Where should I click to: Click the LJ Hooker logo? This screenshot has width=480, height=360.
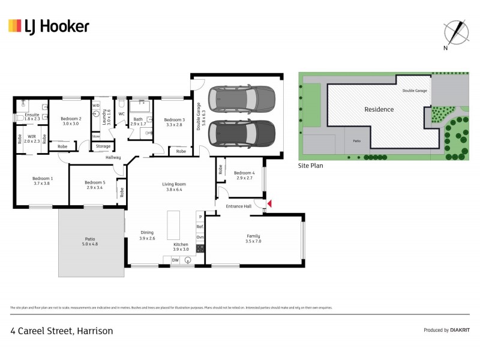click(x=49, y=26)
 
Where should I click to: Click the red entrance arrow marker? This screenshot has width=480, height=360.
click(x=269, y=205)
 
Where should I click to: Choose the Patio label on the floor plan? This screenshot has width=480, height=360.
click(x=89, y=242)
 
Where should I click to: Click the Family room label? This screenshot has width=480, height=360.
click(x=253, y=238)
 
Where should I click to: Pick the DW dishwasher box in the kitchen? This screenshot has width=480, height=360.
click(x=175, y=260)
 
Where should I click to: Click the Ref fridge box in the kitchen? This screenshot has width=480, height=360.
click(x=200, y=227)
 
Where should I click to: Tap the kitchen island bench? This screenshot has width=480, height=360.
click(x=175, y=223)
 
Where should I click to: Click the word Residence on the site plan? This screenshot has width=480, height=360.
click(x=379, y=109)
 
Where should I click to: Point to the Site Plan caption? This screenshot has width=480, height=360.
click(x=311, y=165)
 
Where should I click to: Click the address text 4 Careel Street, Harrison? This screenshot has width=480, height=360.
click(x=62, y=331)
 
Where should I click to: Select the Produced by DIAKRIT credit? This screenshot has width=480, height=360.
click(x=446, y=330)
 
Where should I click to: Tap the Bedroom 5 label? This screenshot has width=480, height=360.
click(x=95, y=185)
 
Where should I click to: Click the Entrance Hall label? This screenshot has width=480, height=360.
click(x=238, y=206)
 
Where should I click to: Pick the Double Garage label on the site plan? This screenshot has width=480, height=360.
click(x=415, y=90)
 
